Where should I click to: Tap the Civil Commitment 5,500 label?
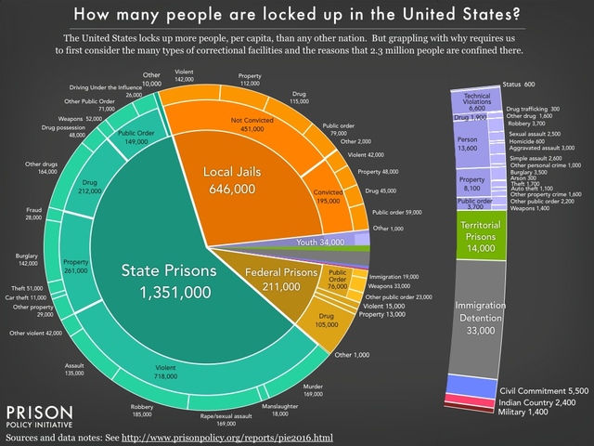coord(543,392)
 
